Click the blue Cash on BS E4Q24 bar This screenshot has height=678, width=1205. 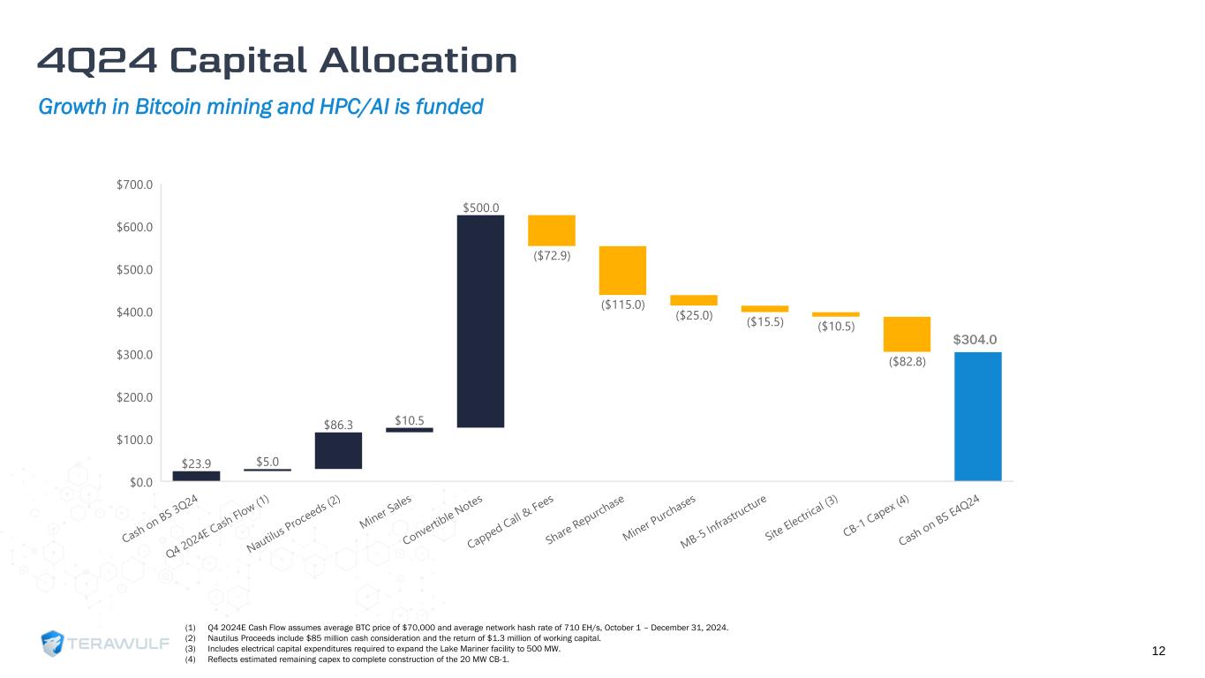977,416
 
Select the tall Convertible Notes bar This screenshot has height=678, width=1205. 480,321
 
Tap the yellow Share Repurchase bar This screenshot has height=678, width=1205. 622,270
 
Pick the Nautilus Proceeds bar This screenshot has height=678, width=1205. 338,450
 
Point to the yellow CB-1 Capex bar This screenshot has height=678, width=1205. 907,334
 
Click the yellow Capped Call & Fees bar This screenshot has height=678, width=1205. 552,230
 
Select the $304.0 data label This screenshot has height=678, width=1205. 975,340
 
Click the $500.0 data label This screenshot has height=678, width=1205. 480,207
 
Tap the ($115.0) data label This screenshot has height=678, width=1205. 622,305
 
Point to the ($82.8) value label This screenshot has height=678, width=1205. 907,362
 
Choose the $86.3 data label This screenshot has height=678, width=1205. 338,425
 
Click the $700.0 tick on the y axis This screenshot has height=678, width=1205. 135,185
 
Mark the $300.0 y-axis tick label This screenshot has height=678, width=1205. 135,355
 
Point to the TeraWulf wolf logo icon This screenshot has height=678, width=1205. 54,644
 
